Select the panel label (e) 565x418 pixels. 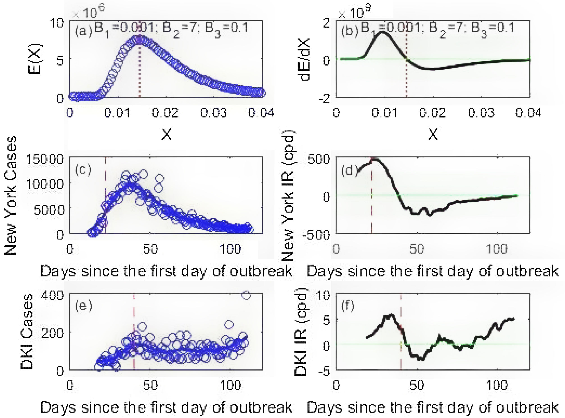pos(83,306)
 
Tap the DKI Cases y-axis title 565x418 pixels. pos(27,332)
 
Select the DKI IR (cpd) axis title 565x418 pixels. pos(301,332)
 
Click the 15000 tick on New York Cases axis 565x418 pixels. pos(45,159)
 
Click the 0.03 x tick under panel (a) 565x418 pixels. pos(214,113)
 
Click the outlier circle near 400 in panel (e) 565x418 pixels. pos(246,295)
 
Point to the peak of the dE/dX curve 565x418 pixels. pos(382,32)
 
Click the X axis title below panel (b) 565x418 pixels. pos(433,134)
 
